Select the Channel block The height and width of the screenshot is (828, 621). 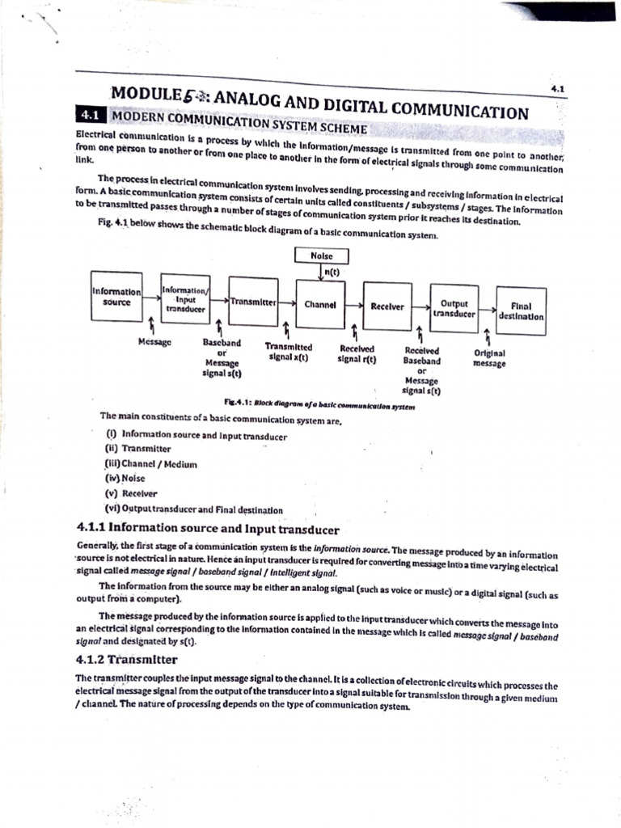tap(320, 306)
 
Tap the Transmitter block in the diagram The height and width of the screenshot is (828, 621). tap(253, 301)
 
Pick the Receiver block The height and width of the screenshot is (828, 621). tap(387, 306)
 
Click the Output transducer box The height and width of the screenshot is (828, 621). tap(453, 308)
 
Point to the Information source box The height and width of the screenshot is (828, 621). tap(116, 297)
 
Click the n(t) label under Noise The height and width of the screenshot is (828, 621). tap(330, 273)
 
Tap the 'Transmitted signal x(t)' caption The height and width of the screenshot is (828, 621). tap(289, 350)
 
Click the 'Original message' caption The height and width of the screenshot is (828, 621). tap(489, 357)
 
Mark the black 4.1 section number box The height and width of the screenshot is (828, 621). tap(88, 115)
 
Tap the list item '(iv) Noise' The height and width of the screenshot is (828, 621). tap(125, 478)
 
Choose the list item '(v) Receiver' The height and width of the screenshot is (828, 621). tap(130, 492)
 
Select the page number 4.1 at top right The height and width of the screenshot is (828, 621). tap(557, 88)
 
